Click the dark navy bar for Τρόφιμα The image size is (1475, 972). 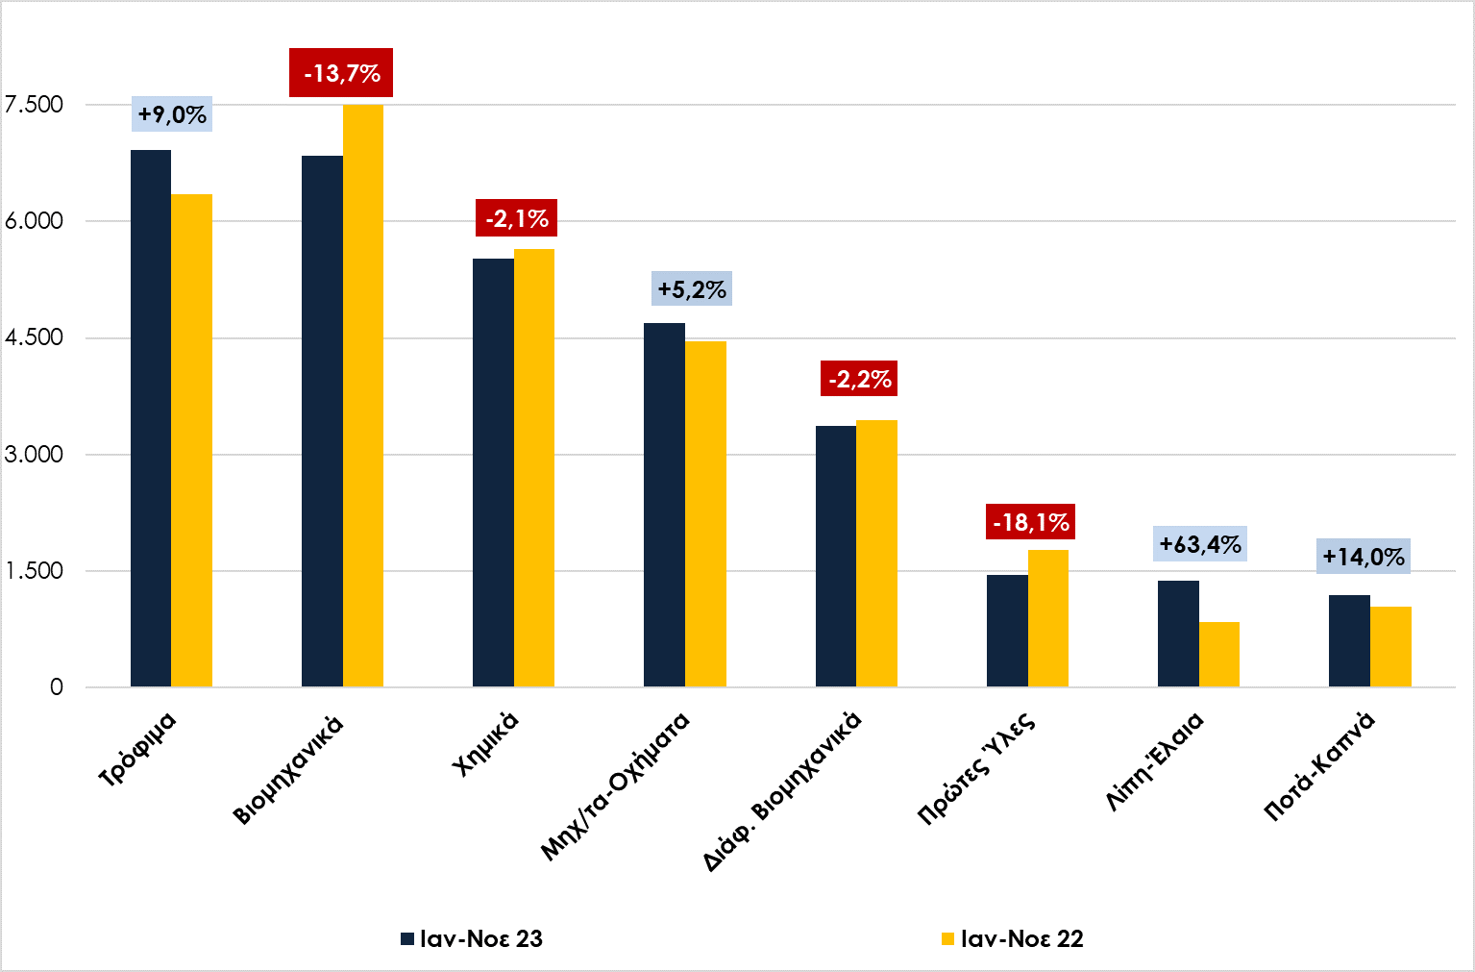(151, 418)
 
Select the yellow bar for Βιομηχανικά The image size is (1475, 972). (363, 395)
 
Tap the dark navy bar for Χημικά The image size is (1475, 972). (493, 472)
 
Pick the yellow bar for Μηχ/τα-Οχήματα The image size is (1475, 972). (705, 513)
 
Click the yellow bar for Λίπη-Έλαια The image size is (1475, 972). (1219, 654)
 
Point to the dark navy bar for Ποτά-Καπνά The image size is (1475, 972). (1349, 640)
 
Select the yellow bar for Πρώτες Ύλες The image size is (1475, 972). (1048, 617)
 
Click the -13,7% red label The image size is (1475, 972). (341, 73)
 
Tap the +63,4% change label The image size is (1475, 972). (1200, 544)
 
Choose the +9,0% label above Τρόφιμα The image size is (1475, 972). (172, 114)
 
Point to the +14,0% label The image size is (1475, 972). (1363, 557)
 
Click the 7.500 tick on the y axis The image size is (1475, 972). (35, 104)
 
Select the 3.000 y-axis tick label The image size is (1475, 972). (35, 454)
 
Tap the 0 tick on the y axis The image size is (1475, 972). (57, 686)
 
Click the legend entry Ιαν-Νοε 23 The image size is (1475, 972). (472, 938)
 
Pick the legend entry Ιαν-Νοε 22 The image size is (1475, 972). (1012, 938)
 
